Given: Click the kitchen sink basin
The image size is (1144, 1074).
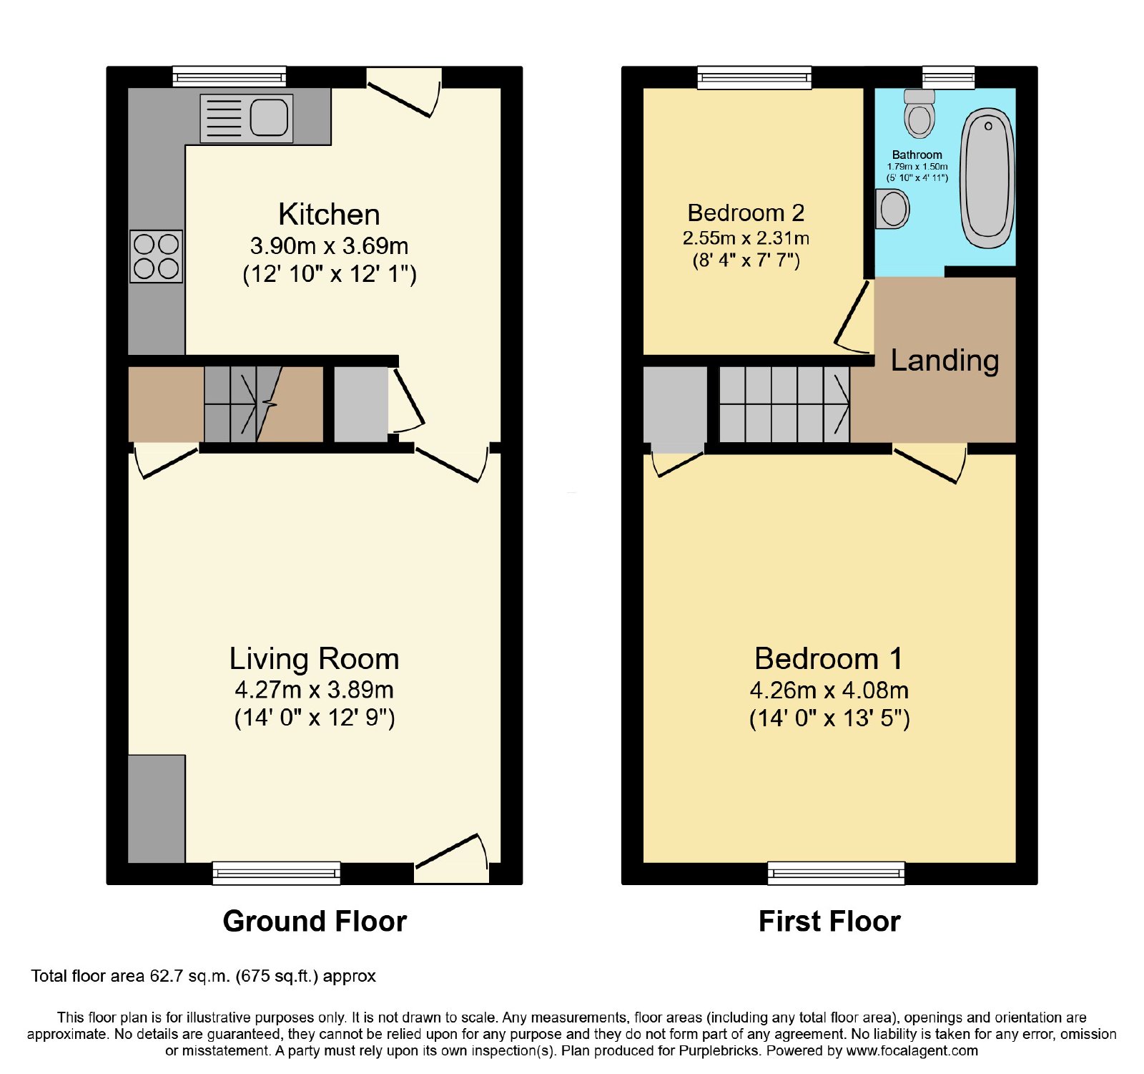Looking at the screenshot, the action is [x=269, y=117].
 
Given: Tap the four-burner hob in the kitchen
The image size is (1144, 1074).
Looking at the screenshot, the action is [x=157, y=256].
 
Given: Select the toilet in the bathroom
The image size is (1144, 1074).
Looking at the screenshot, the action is [x=919, y=114].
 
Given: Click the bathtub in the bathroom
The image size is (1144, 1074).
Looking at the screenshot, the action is [x=987, y=178].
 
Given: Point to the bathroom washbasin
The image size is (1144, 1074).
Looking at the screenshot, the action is [x=892, y=209].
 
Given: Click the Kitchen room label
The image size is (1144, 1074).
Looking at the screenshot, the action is [x=329, y=215].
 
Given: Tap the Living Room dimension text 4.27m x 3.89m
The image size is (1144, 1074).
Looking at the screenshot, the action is [x=315, y=690].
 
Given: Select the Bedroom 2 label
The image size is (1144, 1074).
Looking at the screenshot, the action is [x=746, y=213].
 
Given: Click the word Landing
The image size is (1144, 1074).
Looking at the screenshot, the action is [x=945, y=361].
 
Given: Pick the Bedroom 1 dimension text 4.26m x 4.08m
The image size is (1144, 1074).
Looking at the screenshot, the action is [x=829, y=690].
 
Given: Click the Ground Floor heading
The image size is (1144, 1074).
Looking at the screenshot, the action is [x=315, y=921].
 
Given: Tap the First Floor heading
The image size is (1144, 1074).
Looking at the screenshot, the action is [x=829, y=921].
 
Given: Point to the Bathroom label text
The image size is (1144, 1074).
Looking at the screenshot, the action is [x=917, y=155].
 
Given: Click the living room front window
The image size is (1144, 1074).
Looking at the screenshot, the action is [x=277, y=873].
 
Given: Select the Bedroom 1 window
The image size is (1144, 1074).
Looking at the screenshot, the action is [x=836, y=873].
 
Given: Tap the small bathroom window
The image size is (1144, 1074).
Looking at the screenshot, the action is [x=949, y=77].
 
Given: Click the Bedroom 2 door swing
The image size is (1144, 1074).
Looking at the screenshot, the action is [x=853, y=318].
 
